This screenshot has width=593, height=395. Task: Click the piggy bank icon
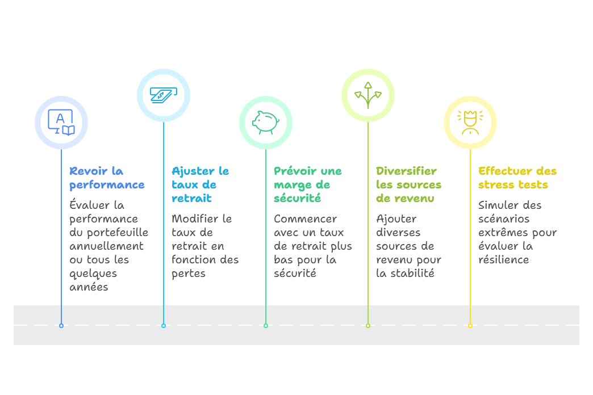(265, 122)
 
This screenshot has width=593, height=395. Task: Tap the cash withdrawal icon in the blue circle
(163, 95)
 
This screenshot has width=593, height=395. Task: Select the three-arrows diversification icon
(368, 95)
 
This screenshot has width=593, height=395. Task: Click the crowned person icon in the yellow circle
(470, 122)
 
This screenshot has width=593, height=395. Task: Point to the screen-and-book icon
(61, 122)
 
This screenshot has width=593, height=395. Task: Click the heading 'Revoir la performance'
(107, 178)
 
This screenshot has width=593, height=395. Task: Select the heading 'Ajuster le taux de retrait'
(200, 185)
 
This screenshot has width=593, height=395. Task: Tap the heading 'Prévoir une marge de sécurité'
(307, 185)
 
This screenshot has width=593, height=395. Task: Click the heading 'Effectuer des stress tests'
(517, 178)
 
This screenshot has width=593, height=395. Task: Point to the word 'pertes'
(189, 274)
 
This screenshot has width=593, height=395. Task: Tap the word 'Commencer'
(305, 219)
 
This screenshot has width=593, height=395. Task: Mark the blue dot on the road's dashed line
(61, 326)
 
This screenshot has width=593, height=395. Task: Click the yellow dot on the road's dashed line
(470, 326)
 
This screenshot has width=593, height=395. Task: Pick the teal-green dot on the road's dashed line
(265, 326)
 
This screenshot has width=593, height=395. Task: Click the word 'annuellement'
(106, 246)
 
